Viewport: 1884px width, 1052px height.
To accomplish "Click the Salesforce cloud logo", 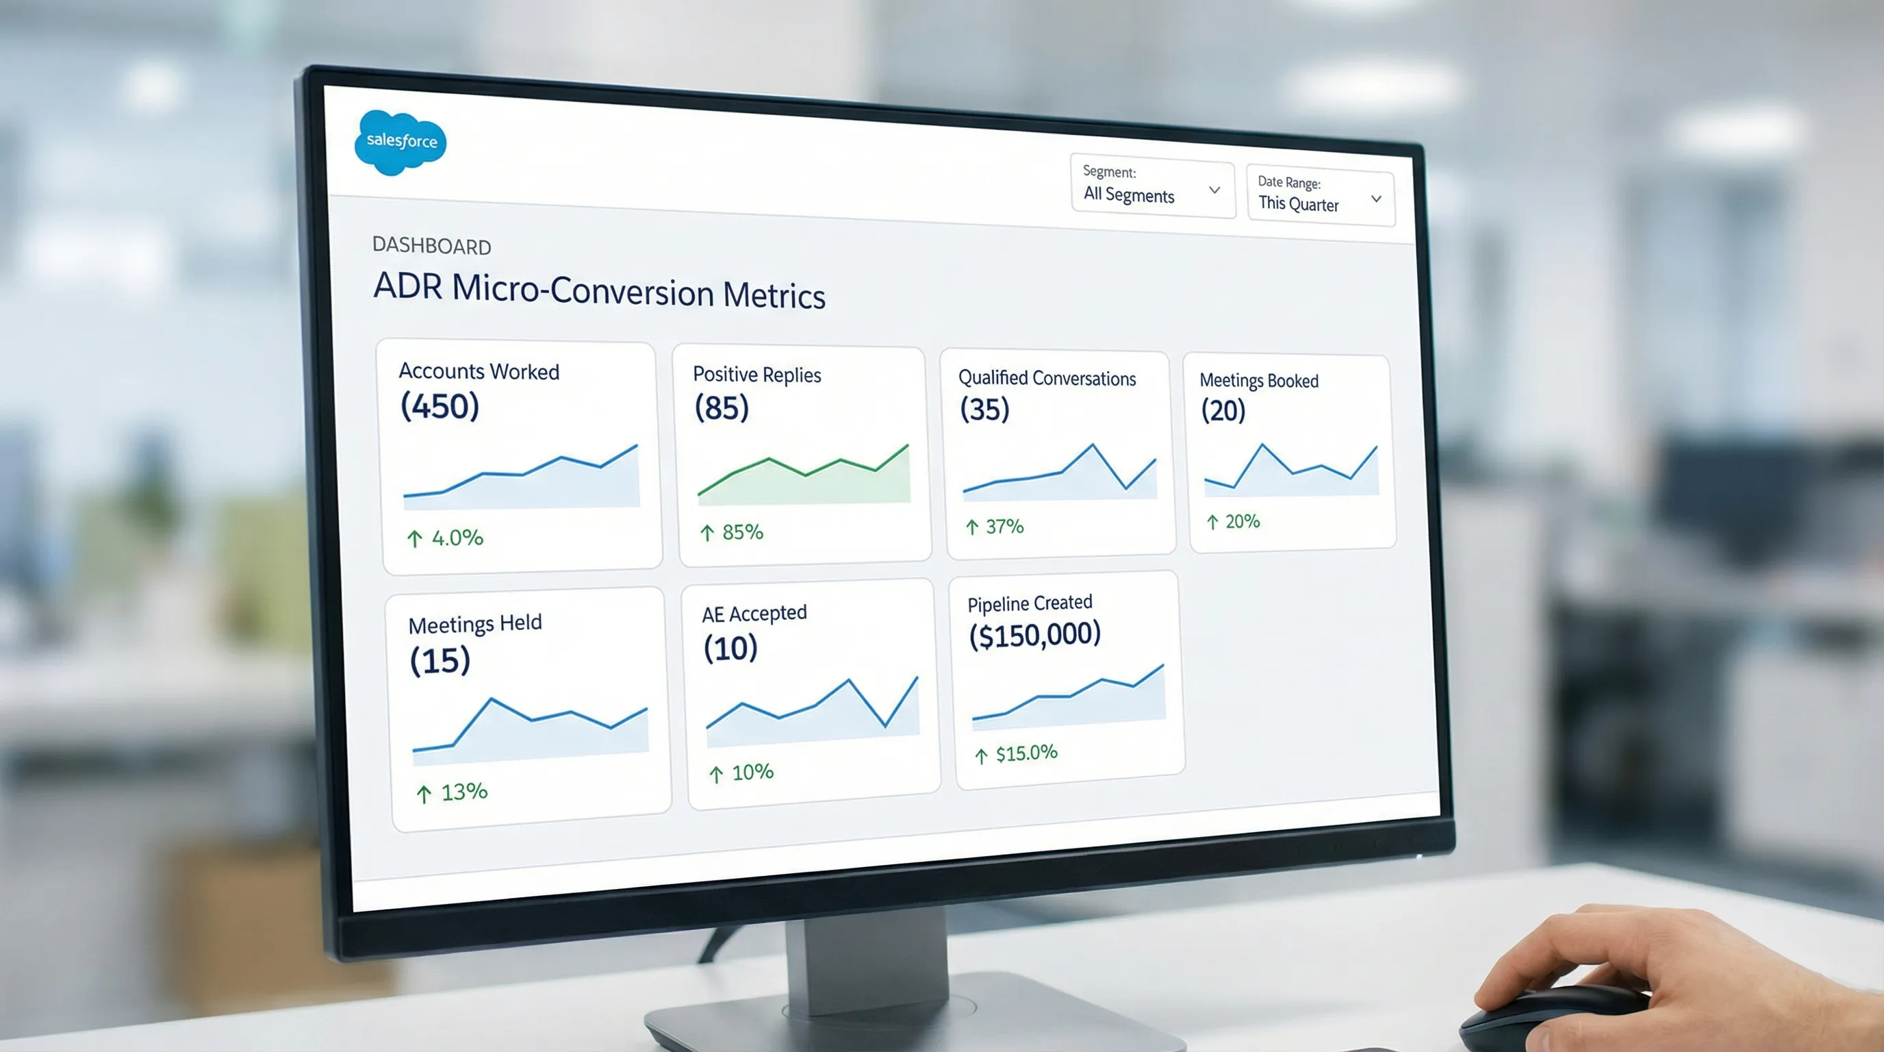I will click(x=400, y=142).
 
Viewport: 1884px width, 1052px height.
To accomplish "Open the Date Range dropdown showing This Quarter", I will click(x=1319, y=197).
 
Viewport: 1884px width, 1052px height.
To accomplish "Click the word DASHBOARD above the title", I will click(x=431, y=246).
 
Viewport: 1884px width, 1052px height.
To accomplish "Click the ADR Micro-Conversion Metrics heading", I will click(x=599, y=291).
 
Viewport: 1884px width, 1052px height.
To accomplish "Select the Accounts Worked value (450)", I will click(x=440, y=406).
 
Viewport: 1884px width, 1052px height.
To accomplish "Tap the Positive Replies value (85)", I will click(x=721, y=408).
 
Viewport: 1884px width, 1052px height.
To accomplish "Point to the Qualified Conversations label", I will click(x=1047, y=378).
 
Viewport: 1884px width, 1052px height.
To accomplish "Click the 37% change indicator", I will click(x=995, y=526).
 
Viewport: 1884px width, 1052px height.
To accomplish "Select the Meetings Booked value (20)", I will click(x=1223, y=410).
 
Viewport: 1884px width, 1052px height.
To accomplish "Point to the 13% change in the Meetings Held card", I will click(x=453, y=792).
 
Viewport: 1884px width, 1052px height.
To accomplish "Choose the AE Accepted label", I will click(x=754, y=613).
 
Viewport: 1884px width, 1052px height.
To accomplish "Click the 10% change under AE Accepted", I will click(x=741, y=773).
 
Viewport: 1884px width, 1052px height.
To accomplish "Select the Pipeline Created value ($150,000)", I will click(x=1034, y=634).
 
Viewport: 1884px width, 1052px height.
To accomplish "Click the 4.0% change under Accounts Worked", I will click(x=446, y=538).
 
